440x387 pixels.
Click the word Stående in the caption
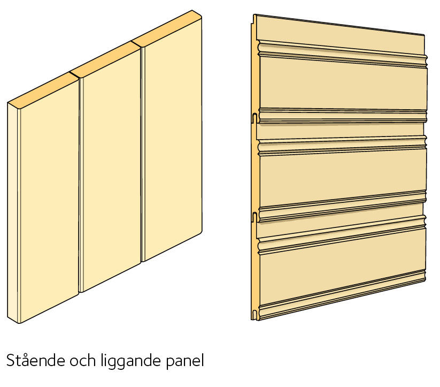(x=36, y=360)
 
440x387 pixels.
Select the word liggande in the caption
(x=131, y=362)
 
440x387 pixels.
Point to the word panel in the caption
(x=184, y=362)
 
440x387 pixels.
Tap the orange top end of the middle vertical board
(x=105, y=59)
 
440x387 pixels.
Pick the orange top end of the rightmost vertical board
(x=167, y=29)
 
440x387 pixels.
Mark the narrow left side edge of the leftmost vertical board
(x=13, y=214)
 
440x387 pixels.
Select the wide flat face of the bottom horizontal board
(x=342, y=277)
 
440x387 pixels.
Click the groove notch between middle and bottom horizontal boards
(x=255, y=217)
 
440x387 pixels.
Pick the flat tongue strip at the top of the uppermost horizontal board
(x=340, y=32)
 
